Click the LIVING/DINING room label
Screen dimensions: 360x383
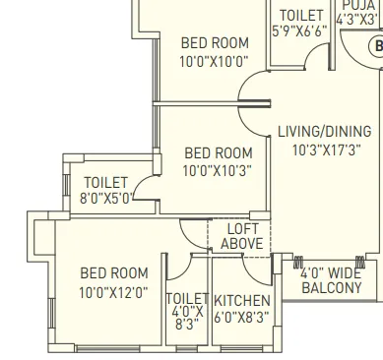pos(324,132)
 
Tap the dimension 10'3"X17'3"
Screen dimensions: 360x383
pos(324,150)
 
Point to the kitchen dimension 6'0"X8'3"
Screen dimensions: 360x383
pos(241,318)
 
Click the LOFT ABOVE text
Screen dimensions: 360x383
pos(241,236)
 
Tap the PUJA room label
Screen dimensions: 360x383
pos(358,5)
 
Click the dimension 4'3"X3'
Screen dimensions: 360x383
pos(356,19)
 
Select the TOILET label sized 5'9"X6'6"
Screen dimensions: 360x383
pos(301,16)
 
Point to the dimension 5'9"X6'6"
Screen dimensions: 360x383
pos(299,31)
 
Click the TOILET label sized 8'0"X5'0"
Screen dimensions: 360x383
pos(106,182)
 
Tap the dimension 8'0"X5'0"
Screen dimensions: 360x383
pos(106,198)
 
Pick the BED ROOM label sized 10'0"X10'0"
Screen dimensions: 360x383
pos(215,42)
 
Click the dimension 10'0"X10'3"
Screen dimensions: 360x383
pos(218,170)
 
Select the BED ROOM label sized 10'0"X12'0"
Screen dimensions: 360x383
pos(114,273)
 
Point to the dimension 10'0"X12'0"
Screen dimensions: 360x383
pos(114,291)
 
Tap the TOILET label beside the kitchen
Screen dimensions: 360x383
pos(187,299)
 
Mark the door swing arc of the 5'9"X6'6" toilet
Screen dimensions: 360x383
pos(317,58)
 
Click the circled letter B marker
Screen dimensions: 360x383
pos(375,46)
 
